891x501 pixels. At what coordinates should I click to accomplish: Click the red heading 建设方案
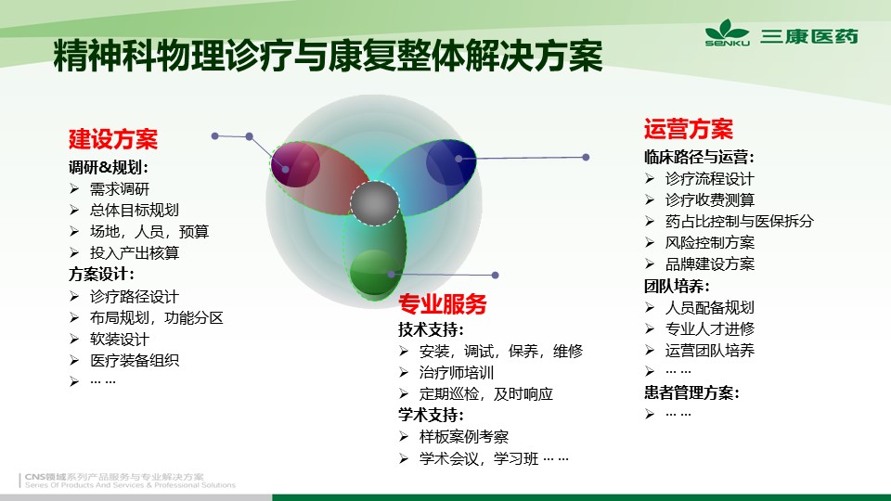[113, 139]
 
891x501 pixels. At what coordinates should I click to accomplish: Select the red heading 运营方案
[689, 129]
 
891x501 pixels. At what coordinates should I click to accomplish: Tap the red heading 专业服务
[443, 304]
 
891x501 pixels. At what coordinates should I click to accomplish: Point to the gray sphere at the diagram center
[374, 203]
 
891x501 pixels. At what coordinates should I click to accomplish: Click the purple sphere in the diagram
[295, 165]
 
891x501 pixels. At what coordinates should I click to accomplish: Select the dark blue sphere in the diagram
[451, 162]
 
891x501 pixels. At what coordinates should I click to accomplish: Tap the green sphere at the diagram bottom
[374, 273]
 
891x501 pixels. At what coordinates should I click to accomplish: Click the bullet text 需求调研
[120, 189]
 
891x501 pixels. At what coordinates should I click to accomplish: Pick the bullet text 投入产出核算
[134, 252]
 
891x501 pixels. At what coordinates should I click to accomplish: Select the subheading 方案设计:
[102, 275]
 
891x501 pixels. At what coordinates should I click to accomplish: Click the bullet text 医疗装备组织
[134, 361]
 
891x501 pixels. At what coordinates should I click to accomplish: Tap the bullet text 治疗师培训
[457, 373]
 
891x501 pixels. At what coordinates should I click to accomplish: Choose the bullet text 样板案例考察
[464, 437]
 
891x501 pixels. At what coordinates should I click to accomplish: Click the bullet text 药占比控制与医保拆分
[740, 222]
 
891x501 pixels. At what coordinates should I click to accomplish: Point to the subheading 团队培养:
[677, 286]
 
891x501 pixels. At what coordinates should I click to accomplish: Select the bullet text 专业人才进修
[710, 328]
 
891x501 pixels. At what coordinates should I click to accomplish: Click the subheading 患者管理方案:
[691, 392]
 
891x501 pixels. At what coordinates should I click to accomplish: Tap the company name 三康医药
[809, 36]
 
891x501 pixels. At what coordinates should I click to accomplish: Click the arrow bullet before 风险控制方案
[650, 242]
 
